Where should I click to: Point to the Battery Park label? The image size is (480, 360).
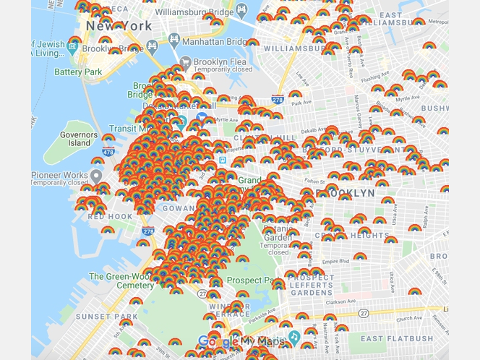tap(78, 72)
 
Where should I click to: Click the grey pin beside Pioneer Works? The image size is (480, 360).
tap(96, 176)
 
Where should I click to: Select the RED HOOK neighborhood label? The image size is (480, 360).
tap(109, 216)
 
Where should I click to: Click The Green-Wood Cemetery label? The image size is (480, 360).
tap(121, 280)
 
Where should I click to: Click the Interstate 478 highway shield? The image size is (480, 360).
tap(108, 152)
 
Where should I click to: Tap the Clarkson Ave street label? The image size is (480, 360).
tap(350, 301)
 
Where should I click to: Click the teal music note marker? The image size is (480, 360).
tap(293, 337)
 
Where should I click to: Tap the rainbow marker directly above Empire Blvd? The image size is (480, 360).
tap(359, 256)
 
